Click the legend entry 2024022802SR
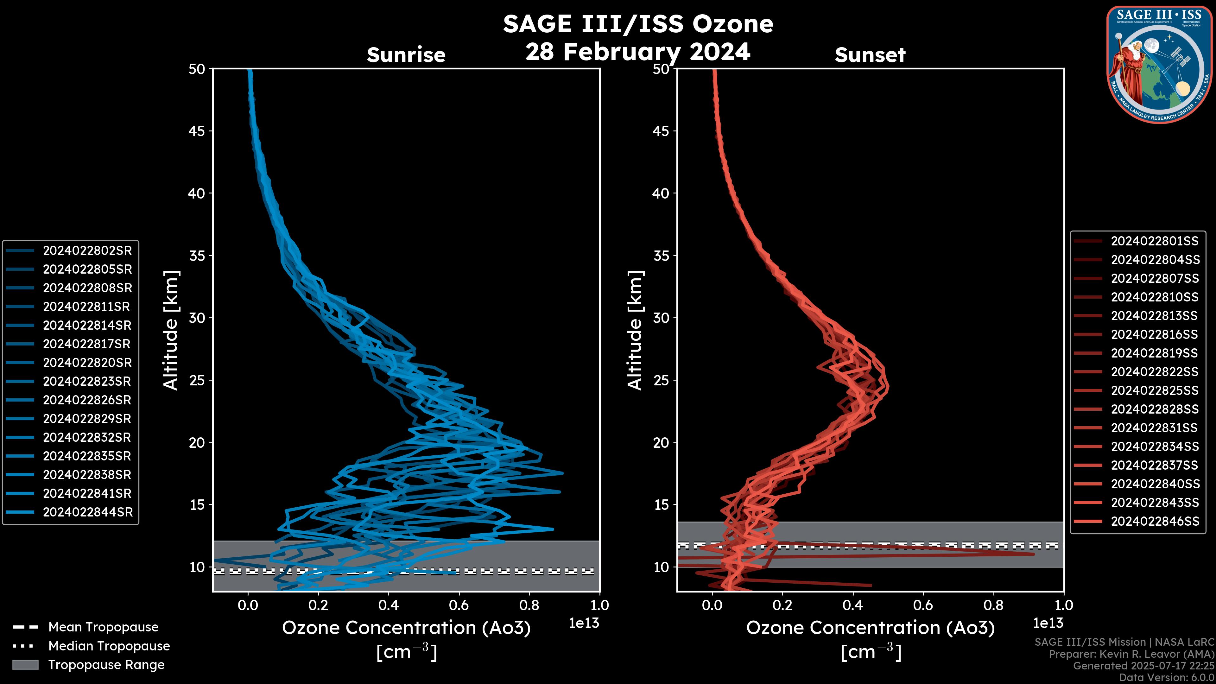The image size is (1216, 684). point(87,251)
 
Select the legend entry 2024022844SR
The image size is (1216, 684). point(88,512)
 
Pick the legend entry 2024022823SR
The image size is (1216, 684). point(87,381)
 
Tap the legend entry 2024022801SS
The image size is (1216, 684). point(1154,241)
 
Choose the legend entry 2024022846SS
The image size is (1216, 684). point(1155,521)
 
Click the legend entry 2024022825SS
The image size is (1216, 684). point(1155,390)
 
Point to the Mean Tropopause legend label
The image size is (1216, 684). point(103,627)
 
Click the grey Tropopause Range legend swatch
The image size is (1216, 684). point(25,665)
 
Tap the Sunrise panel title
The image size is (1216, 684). point(406,55)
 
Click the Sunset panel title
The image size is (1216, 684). point(870,55)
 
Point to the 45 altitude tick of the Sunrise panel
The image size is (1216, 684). point(197,131)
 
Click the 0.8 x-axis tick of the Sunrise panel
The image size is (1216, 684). point(529,605)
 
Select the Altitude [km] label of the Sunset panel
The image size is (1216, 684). point(635,330)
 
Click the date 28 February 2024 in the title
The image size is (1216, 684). point(638,52)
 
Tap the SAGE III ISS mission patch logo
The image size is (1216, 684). point(1159,65)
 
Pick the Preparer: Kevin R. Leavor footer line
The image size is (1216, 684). point(1131,654)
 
